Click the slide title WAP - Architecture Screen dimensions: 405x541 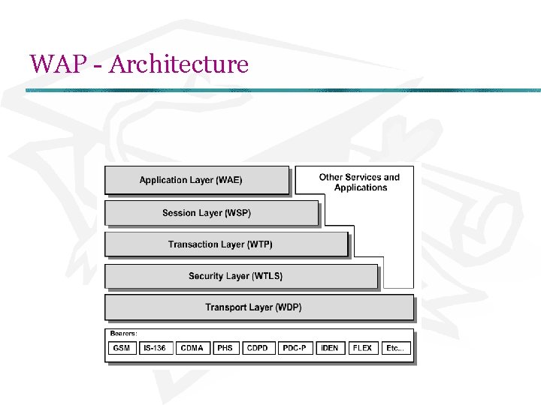point(139,64)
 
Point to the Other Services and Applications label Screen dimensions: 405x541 point(359,182)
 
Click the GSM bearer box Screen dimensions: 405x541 point(122,348)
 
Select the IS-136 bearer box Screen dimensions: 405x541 point(155,348)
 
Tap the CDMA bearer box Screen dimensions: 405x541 point(192,348)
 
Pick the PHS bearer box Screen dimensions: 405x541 point(225,348)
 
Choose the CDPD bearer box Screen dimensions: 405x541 point(257,348)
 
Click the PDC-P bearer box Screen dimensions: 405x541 point(294,348)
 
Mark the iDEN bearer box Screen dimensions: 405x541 point(329,348)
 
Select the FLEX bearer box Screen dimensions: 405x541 point(362,348)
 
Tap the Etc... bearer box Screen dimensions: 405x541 point(394,348)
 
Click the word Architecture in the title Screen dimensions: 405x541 point(178,64)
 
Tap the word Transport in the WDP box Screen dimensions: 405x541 point(228,307)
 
